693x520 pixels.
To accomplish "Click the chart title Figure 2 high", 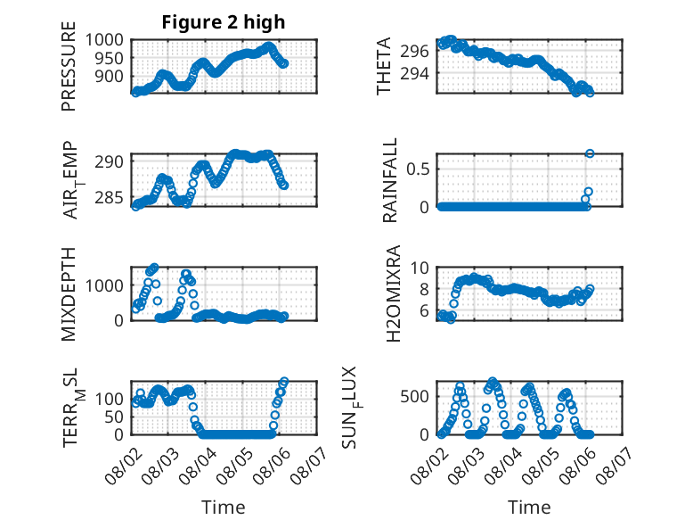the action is coord(224,22).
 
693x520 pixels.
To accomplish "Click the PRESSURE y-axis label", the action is coord(69,66).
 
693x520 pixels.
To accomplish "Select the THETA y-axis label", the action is coord(384,66).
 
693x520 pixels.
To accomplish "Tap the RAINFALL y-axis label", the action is coord(390,180).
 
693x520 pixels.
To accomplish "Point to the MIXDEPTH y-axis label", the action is coord(69,294).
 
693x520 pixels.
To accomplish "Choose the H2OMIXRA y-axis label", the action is coord(393,293).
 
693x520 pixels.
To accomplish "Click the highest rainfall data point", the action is coord(590,153).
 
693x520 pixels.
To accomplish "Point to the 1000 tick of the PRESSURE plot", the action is coord(104,40).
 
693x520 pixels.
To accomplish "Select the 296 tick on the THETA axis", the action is coord(414,52).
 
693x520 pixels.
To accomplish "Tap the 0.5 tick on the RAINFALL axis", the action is coord(418,169).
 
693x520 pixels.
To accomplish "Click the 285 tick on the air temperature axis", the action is coord(110,197).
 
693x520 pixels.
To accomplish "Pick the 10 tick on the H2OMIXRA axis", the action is coord(420,268).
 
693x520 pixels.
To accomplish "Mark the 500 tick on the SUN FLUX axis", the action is coord(414,396).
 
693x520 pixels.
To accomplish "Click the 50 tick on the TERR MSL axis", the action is coord(114,417).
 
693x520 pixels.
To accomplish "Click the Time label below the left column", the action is coord(224,507).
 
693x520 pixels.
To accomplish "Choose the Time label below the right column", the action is coord(529,507).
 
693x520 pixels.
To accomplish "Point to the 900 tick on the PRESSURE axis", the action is coord(110,76).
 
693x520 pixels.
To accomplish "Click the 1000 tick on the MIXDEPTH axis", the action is coord(104,285).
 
